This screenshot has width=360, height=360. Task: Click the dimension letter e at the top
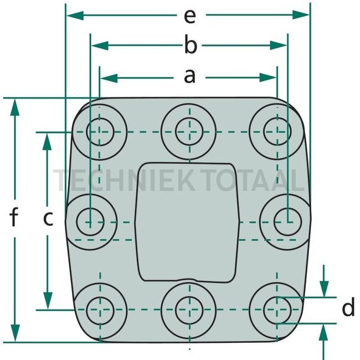tap(190, 17)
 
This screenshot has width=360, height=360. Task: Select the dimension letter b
tap(190, 47)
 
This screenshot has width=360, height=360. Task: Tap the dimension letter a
tap(190, 76)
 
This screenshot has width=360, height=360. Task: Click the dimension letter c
tap(48, 219)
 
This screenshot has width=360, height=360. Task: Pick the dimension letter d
tap(348, 308)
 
